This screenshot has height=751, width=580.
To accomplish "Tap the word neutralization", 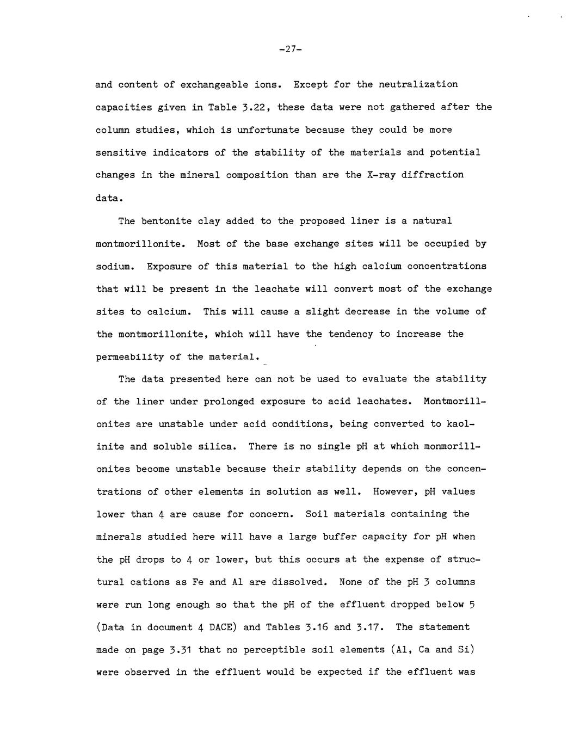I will (418, 84).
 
